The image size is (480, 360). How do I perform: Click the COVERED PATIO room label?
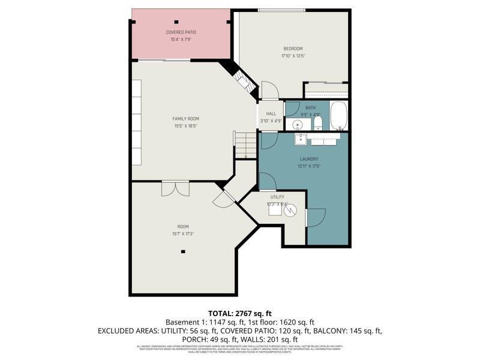(181, 32)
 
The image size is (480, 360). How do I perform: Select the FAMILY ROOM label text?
(185, 119)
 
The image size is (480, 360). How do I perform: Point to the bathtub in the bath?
(338, 116)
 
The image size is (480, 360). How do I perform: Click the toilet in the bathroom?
(318, 124)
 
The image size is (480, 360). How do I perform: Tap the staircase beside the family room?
(245, 146)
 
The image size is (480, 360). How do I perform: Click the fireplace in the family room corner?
(242, 80)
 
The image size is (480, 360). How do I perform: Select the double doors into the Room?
(175, 188)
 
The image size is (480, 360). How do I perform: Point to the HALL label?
(271, 113)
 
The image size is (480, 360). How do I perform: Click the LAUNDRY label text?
(309, 159)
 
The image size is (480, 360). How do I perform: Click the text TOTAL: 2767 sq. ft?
(240, 313)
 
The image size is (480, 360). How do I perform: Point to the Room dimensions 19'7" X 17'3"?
(183, 233)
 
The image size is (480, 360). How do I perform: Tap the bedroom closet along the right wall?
(326, 90)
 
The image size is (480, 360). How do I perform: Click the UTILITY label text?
(277, 197)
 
